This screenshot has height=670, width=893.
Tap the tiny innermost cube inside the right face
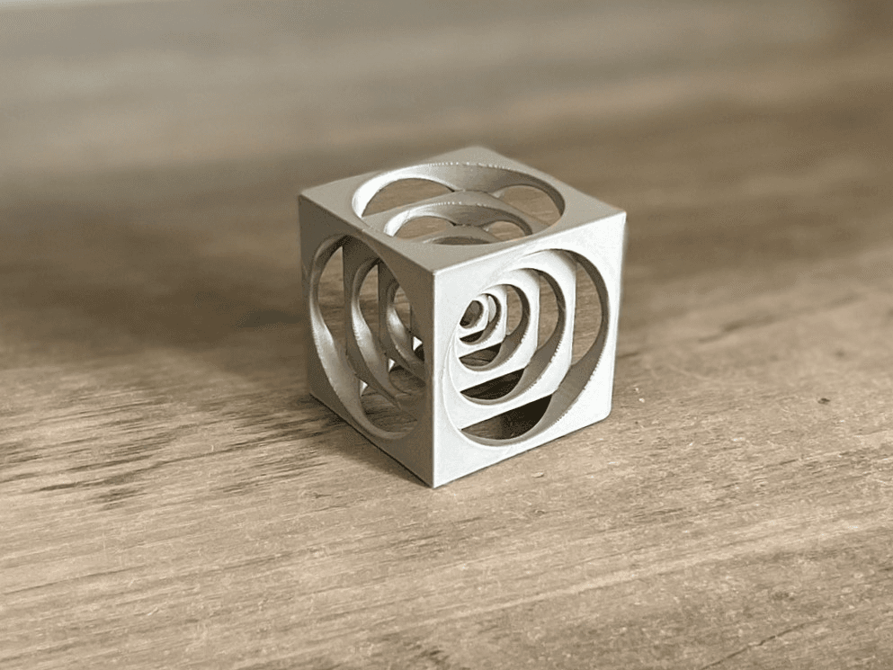tap(474, 315)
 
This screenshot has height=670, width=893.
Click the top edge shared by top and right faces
tap(531, 244)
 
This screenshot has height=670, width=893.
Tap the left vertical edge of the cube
tap(305, 297)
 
